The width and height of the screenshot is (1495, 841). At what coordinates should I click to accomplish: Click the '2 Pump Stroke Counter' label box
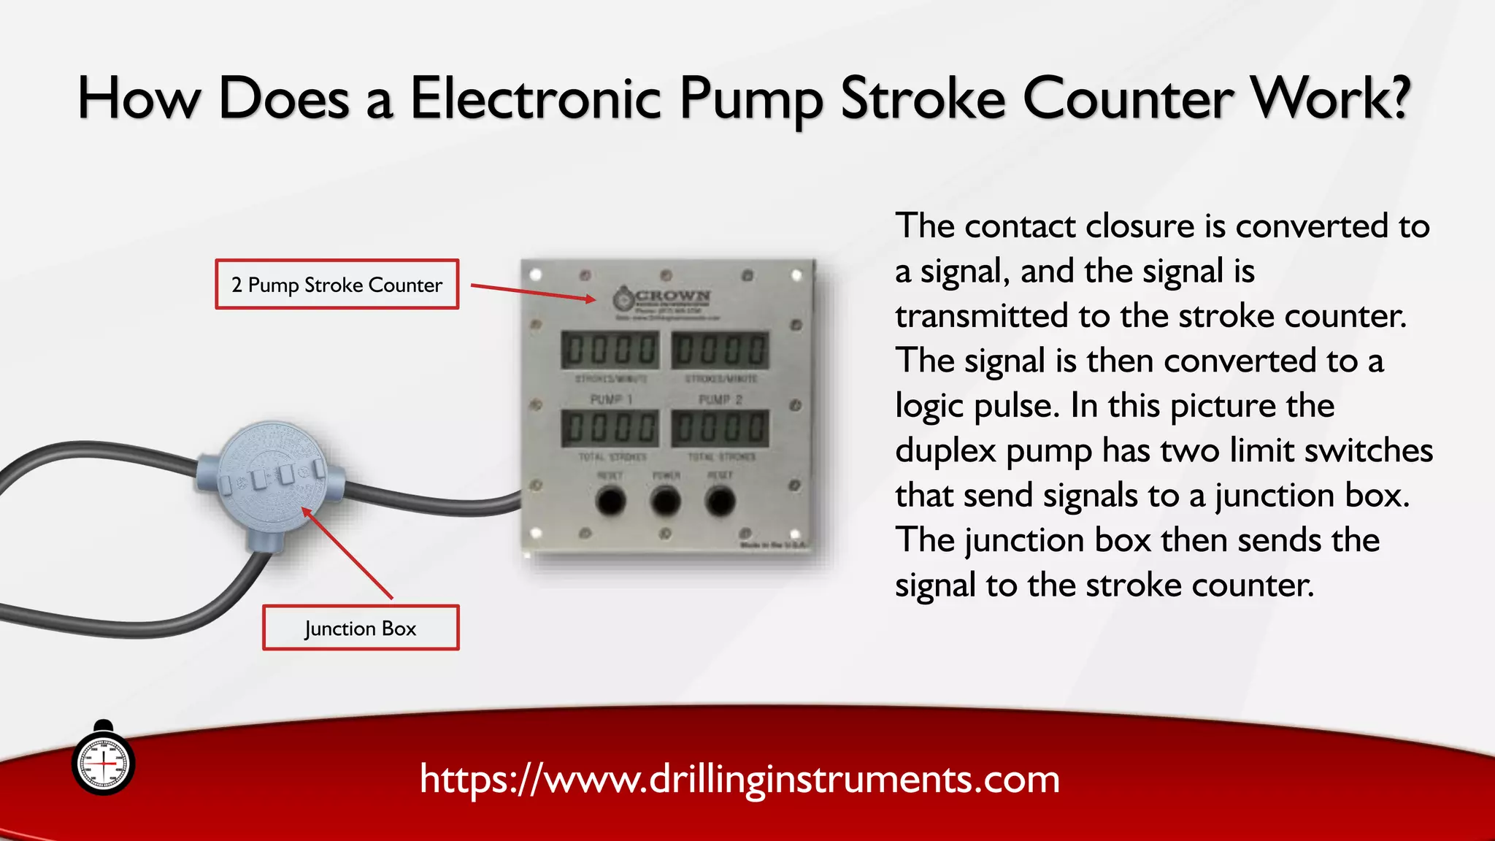(x=337, y=284)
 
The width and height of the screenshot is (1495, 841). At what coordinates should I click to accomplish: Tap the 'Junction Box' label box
(x=361, y=628)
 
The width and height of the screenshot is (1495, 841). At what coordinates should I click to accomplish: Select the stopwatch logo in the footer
(x=104, y=761)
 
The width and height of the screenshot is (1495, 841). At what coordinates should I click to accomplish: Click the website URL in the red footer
(x=739, y=779)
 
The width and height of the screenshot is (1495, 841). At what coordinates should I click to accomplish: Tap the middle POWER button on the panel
(x=665, y=502)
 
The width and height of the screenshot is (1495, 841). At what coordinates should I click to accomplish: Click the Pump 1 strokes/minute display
(x=610, y=350)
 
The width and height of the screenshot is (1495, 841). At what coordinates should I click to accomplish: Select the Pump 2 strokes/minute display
(x=720, y=350)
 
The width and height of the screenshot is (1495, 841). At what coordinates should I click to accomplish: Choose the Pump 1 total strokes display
(x=610, y=428)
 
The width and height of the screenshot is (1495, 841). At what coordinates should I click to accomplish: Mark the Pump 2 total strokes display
(x=720, y=428)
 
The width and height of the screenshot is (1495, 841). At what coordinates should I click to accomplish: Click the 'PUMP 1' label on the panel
(x=611, y=400)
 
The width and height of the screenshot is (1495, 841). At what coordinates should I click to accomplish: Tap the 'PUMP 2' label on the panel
(x=720, y=400)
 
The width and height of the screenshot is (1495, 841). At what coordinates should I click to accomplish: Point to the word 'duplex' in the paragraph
(x=945, y=450)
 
